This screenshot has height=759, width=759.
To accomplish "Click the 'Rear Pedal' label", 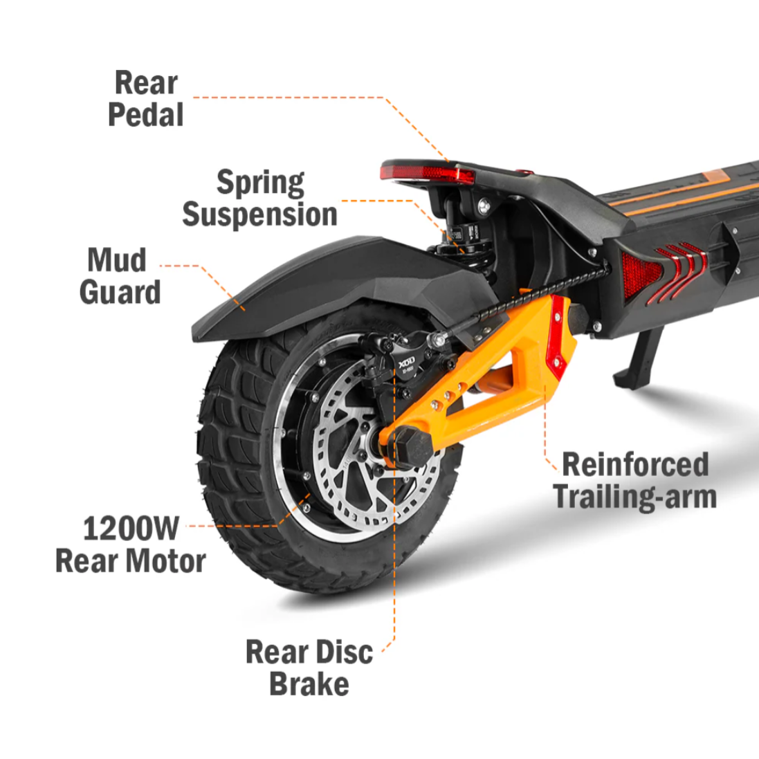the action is [x=146, y=98].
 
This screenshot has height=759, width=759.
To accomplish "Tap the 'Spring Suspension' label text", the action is [x=260, y=198].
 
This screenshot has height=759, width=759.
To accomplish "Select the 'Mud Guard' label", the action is [x=120, y=276].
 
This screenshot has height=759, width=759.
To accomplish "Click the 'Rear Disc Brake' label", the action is [x=309, y=668].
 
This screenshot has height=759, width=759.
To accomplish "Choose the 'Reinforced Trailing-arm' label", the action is [x=634, y=481].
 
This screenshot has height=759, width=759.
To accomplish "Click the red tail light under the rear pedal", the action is [x=428, y=174].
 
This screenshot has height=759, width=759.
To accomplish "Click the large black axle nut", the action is [x=412, y=446].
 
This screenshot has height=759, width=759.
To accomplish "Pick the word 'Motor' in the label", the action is [x=166, y=561].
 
